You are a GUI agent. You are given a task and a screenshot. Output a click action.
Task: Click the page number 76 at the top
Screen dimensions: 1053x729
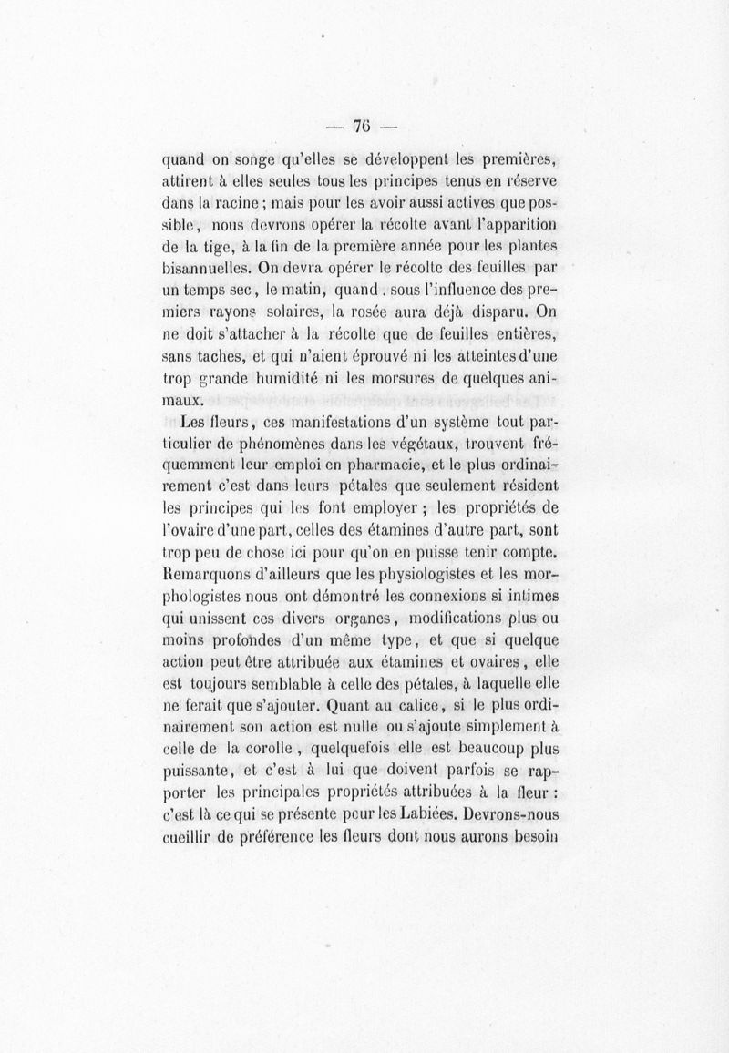pyautogui.click(x=364, y=128)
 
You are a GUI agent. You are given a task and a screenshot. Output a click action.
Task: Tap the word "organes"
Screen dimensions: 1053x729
pyautogui.click(x=324, y=619)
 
